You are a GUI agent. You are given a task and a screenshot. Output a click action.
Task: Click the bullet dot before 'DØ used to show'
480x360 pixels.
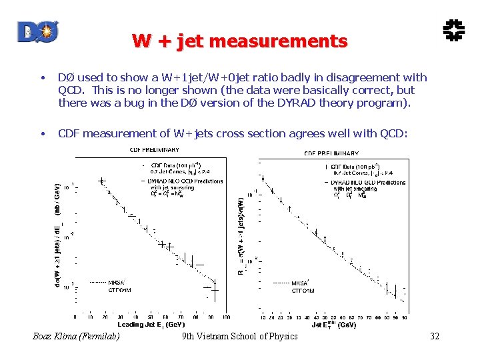(x=43, y=78)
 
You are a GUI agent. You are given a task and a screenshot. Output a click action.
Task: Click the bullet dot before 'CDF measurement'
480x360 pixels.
(x=43, y=134)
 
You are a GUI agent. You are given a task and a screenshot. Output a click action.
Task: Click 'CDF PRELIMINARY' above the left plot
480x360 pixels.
(x=154, y=150)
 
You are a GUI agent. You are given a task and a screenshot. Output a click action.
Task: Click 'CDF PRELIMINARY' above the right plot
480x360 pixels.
(x=331, y=153)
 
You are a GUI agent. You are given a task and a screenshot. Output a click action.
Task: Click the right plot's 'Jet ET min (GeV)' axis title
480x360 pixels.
(x=333, y=325)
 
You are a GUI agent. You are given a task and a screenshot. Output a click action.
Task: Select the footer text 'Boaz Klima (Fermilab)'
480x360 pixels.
(x=77, y=337)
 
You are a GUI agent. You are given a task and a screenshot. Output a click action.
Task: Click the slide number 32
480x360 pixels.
(x=435, y=337)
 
